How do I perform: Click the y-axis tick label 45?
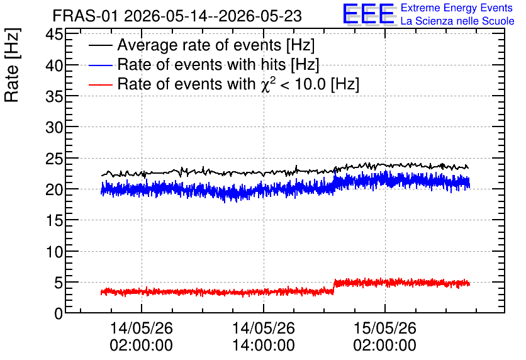tap(54, 34)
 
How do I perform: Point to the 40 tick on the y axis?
tap(54, 65)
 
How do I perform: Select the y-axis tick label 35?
tap(54, 96)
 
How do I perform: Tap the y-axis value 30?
tap(54, 128)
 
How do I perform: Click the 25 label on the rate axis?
tap(54, 159)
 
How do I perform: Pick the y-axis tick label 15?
tap(54, 220)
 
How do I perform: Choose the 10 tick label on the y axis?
tap(54, 252)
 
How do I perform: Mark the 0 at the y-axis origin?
tap(59, 313)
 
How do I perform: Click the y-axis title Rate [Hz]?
tap(12, 65)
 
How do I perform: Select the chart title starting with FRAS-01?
tap(177, 16)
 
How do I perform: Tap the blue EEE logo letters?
tap(369, 14)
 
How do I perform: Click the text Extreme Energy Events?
tap(457, 8)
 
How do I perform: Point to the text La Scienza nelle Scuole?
tap(457, 21)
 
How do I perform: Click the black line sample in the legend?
tap(100, 45)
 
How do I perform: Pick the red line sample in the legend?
tap(100, 84)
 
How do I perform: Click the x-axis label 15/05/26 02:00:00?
tap(385, 337)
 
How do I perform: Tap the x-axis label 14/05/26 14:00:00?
tap(264, 337)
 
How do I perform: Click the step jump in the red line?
tap(334, 287)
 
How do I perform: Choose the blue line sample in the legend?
tap(100, 65)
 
